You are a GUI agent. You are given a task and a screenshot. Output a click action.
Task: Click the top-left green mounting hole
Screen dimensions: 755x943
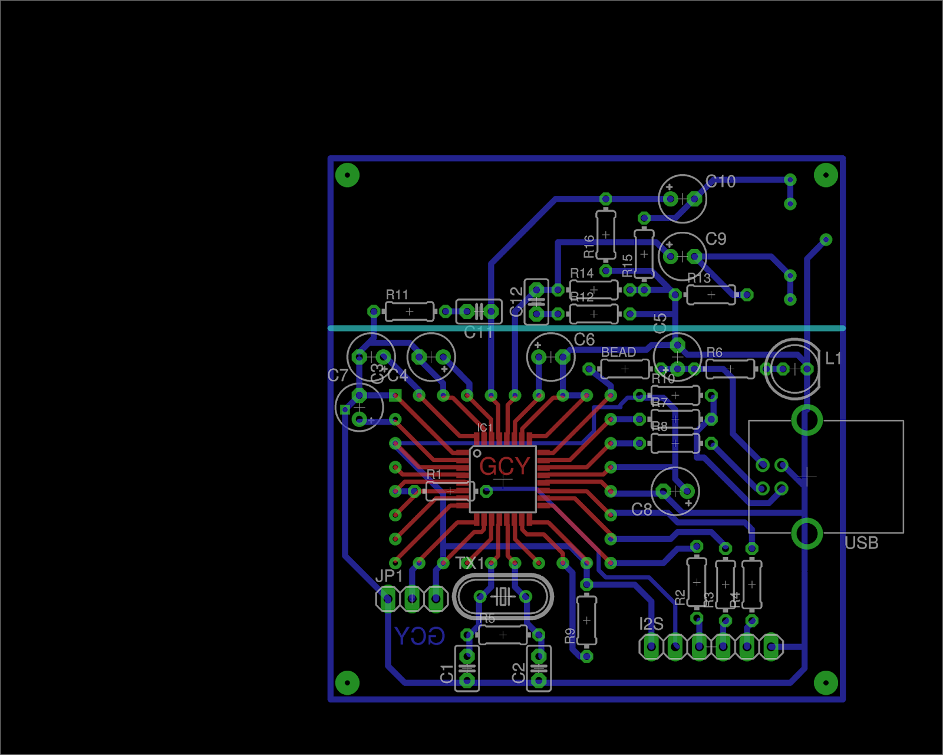[347, 175]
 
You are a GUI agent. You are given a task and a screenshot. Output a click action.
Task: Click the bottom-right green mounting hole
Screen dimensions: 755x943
[826, 682]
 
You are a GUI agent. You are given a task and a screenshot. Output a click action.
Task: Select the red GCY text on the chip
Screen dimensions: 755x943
[505, 466]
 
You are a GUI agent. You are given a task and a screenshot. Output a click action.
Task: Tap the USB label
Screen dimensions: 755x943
[861, 543]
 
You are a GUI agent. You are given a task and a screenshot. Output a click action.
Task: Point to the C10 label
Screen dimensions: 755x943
[720, 182]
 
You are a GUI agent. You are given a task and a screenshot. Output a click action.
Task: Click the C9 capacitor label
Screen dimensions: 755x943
[716, 239]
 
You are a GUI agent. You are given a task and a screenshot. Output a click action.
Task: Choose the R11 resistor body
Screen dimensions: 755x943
[409, 311]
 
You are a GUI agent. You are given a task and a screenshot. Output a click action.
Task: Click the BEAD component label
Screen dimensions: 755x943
[618, 352]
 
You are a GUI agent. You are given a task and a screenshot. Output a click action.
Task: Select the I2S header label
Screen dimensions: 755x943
[651, 624]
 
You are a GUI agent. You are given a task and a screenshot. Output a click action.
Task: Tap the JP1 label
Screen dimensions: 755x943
[389, 576]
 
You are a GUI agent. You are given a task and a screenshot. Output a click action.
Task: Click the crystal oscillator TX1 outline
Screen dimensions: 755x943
[503, 597]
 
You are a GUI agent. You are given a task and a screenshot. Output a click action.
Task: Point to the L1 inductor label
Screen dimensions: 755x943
[833, 358]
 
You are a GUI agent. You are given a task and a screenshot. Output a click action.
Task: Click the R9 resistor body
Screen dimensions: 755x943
[586, 621]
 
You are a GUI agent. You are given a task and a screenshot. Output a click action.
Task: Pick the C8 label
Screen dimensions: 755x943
[642, 509]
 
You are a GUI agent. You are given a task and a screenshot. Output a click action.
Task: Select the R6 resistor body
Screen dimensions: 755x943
[730, 369]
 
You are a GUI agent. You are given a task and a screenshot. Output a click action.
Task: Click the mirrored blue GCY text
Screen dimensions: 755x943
[419, 636]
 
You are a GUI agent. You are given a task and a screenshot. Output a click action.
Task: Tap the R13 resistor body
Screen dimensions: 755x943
[711, 294]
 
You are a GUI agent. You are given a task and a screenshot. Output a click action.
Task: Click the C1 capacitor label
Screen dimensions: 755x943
[447, 674]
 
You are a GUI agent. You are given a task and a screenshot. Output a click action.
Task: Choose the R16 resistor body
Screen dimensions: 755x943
[606, 235]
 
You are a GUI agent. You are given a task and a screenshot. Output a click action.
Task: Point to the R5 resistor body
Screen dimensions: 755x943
[503, 635]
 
